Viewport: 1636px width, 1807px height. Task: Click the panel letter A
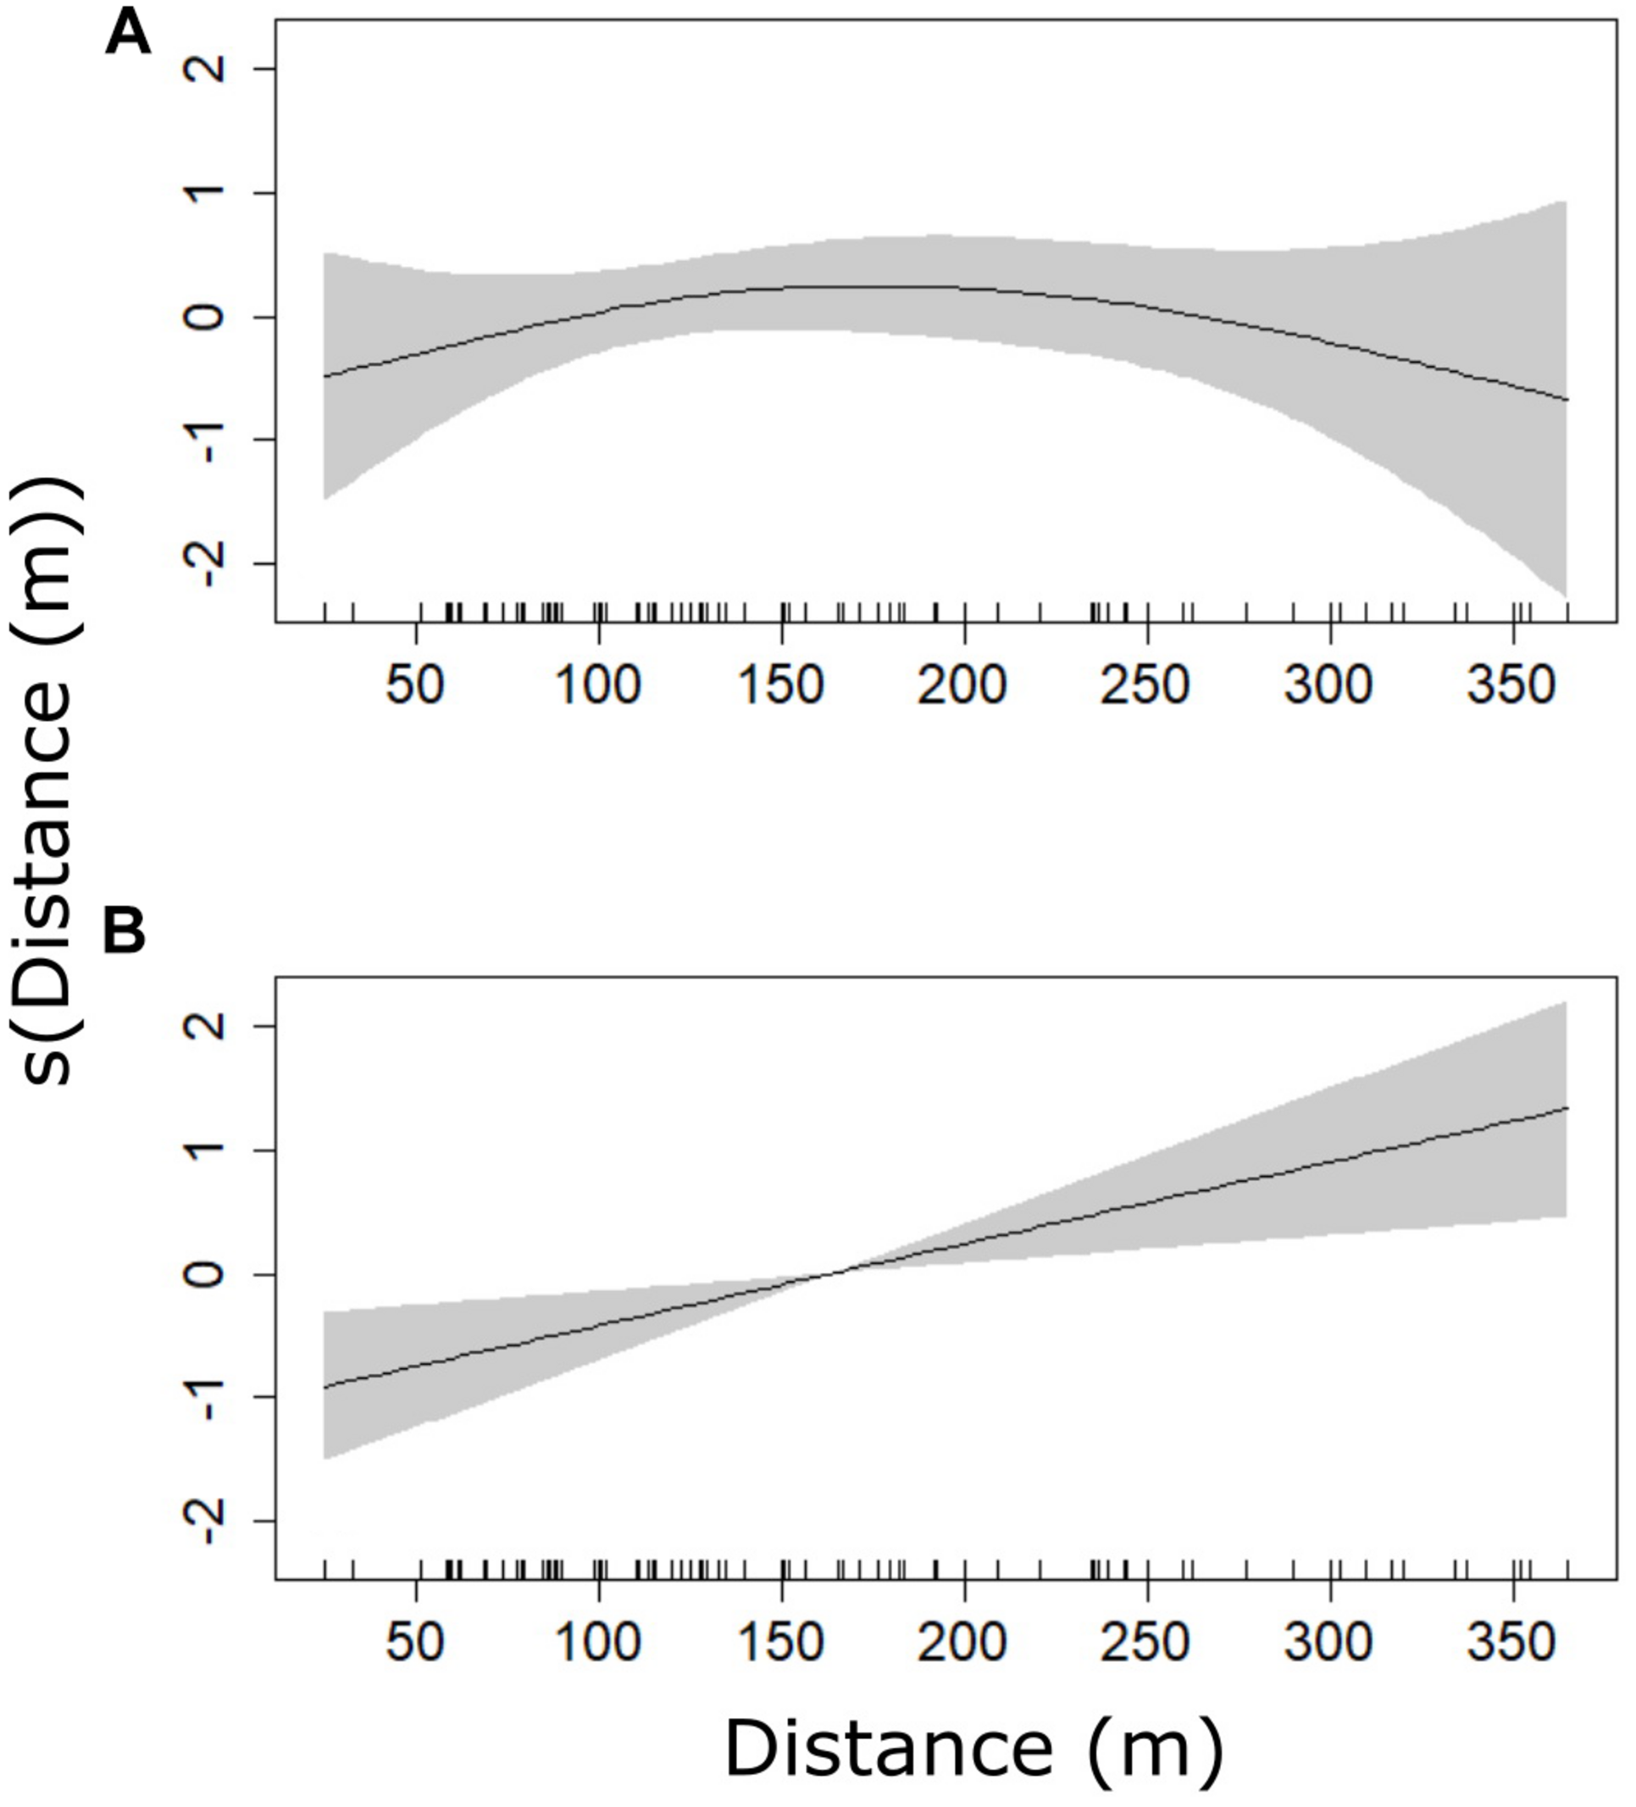coord(127,37)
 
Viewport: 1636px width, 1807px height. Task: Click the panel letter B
coord(125,932)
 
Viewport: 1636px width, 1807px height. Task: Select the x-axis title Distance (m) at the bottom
coord(973,1748)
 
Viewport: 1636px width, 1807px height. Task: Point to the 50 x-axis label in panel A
coord(416,685)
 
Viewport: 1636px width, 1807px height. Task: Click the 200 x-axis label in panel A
coord(963,685)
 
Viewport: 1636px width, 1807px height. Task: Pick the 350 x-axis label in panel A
coord(1511,685)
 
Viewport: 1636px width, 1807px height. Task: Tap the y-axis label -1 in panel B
coord(207,1396)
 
